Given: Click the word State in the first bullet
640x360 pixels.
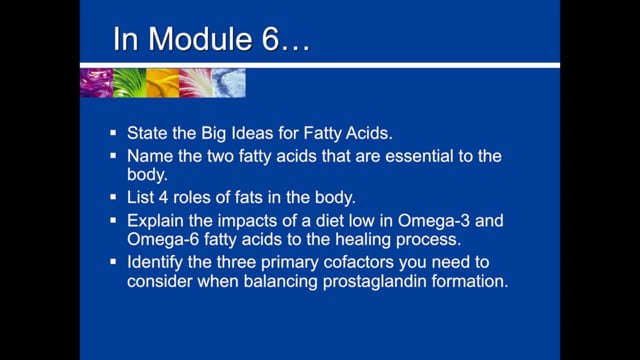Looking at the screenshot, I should coord(147,134).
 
